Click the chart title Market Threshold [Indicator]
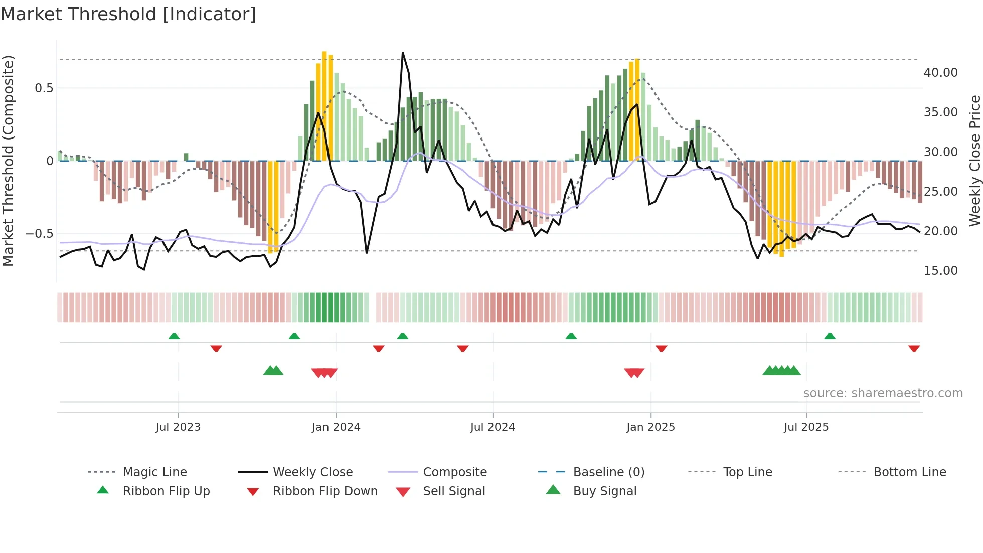click(128, 14)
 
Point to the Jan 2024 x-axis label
click(336, 427)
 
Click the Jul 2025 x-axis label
click(806, 427)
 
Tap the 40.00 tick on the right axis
click(940, 73)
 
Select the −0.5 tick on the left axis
click(39, 234)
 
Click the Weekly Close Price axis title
click(974, 161)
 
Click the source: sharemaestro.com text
click(883, 393)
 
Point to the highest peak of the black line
click(403, 53)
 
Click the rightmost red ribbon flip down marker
click(914, 348)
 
